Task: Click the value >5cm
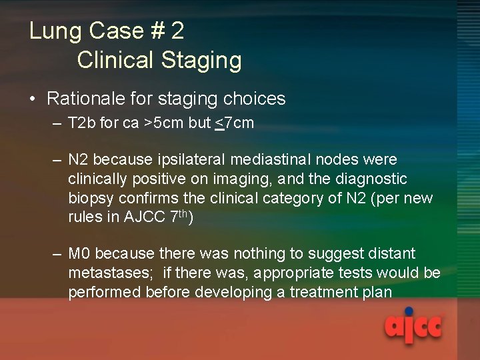(x=154, y=123)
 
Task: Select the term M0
(x=80, y=254)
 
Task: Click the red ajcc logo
(x=413, y=326)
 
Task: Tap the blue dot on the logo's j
(x=409, y=311)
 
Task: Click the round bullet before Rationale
(x=32, y=100)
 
